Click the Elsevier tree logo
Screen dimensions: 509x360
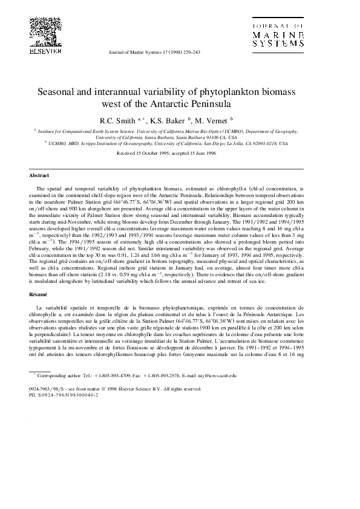pyautogui.click(x=42, y=28)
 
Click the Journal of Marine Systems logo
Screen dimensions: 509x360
pyautogui.click(x=279, y=36)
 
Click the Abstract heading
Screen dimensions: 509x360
pyautogui.click(x=40, y=175)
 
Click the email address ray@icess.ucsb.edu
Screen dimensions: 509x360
pyautogui.click(x=212, y=375)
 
